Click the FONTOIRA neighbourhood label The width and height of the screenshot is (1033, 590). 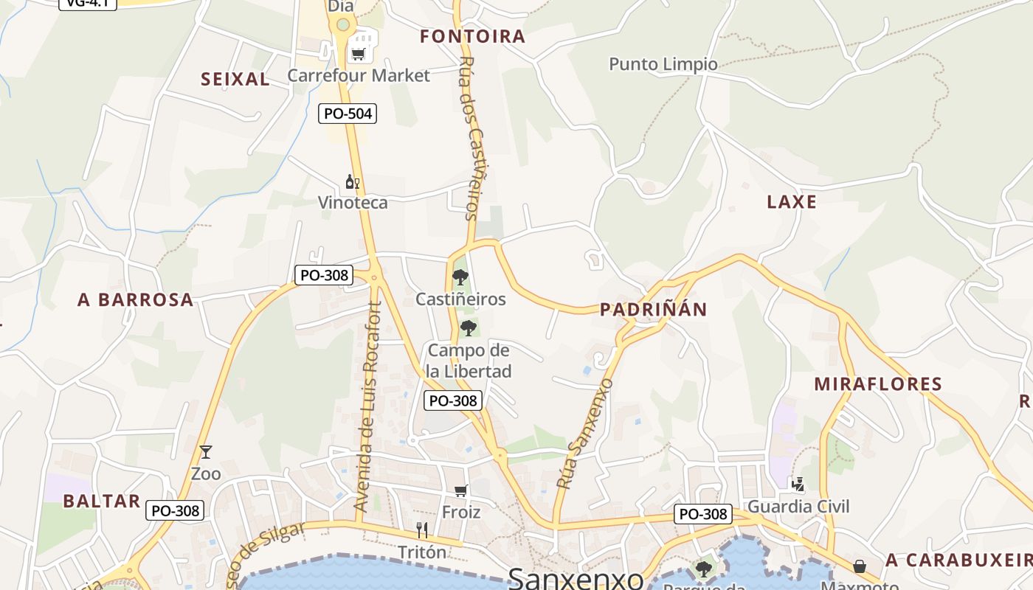(472, 36)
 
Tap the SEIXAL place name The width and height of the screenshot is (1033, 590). (235, 80)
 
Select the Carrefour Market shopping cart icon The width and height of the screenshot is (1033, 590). (359, 53)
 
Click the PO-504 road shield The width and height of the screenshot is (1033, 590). (348, 114)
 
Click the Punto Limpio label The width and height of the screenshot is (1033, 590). (663, 64)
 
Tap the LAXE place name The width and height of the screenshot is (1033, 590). (792, 202)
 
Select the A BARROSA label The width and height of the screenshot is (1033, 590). (135, 300)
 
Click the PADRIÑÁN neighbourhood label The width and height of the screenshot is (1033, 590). (653, 310)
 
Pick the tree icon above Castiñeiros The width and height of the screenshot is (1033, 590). (460, 277)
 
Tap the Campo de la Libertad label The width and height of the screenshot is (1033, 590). (469, 361)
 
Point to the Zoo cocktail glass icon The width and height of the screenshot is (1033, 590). (205, 452)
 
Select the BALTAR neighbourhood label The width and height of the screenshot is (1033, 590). (101, 502)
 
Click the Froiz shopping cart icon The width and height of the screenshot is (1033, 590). (461, 490)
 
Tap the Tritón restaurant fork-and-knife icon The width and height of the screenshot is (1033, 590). (422, 530)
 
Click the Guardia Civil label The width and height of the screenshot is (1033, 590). (798, 507)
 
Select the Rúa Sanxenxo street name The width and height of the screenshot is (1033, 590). (585, 434)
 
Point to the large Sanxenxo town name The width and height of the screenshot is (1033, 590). (576, 579)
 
